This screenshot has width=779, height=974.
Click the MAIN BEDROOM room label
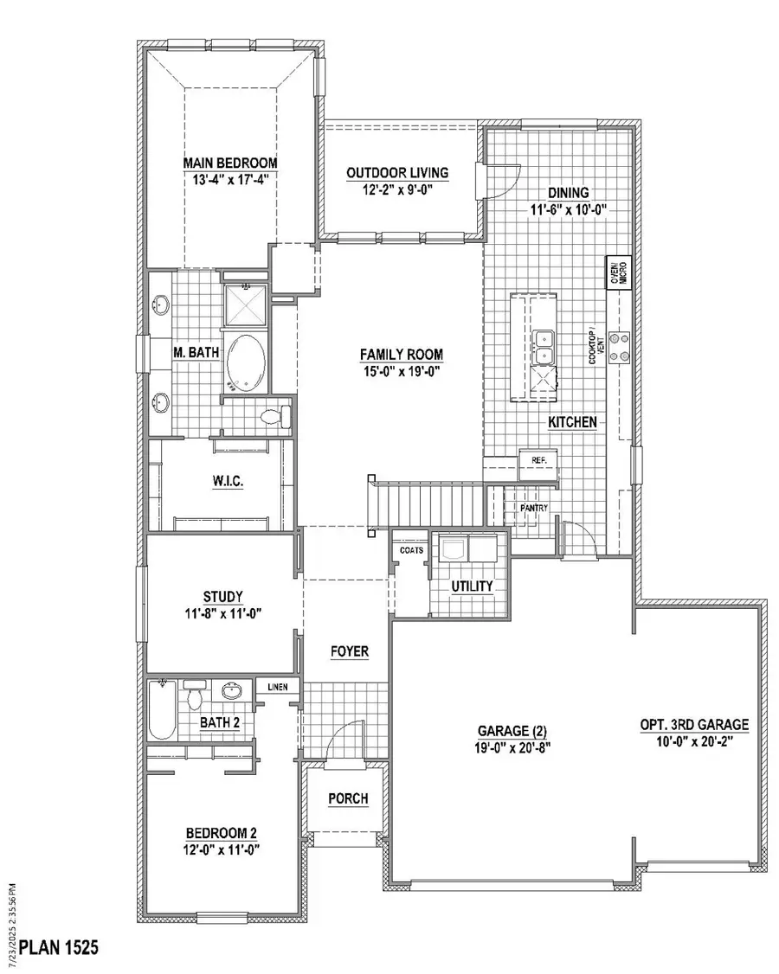tap(229, 163)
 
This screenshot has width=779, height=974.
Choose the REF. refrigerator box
tap(538, 461)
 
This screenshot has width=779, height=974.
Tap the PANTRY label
tap(534, 508)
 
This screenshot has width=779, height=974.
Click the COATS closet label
tap(410, 548)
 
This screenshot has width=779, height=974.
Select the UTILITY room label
tap(472, 586)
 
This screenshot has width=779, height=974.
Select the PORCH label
tap(347, 798)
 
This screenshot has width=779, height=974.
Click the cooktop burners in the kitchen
tap(618, 346)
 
